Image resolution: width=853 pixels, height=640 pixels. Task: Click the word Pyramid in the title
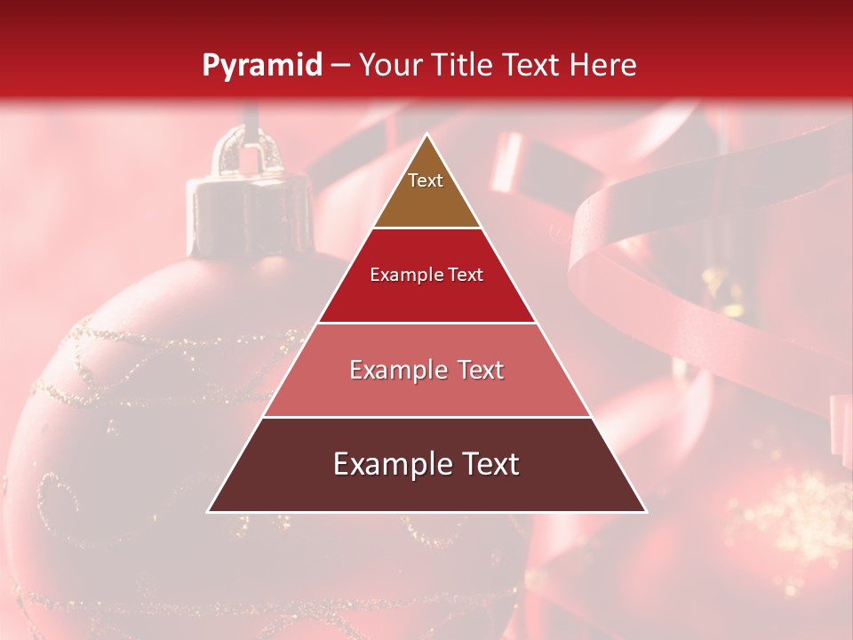pos(261,66)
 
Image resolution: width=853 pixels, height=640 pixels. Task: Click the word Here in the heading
pos(604,65)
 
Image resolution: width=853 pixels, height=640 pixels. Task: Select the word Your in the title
pos(391,65)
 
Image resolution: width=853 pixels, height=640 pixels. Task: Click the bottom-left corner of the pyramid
pos(210,511)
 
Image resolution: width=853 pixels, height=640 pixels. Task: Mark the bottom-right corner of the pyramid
pos(645,511)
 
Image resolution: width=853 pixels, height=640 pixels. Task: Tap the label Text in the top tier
pos(426,180)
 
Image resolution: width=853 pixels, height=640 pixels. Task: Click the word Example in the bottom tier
pos(389,464)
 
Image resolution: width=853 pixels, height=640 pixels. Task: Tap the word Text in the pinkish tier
pos(479,370)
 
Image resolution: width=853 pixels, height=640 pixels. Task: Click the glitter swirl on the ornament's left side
pos(53,489)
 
